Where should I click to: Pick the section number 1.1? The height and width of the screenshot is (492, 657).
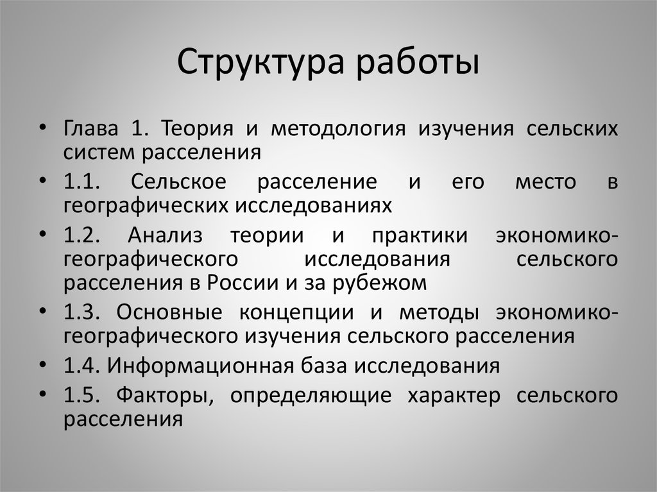pos(82,182)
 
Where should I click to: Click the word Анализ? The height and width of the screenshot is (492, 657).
pos(165,235)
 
